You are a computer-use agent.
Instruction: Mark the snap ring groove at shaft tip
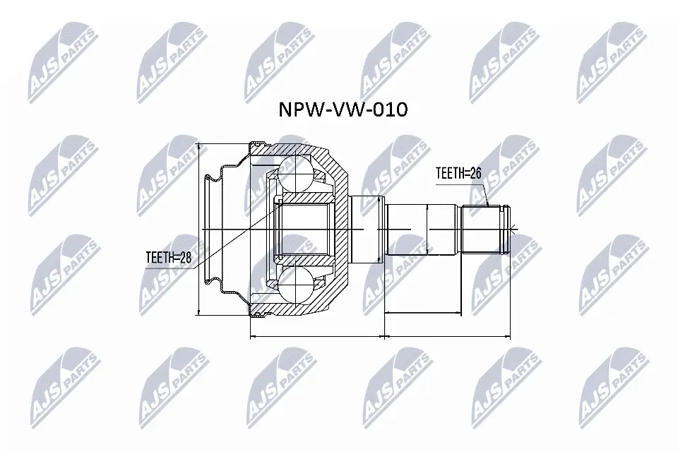504,230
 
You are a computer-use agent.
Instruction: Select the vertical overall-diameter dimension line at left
200,230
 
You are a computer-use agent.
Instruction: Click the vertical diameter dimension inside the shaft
428,230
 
